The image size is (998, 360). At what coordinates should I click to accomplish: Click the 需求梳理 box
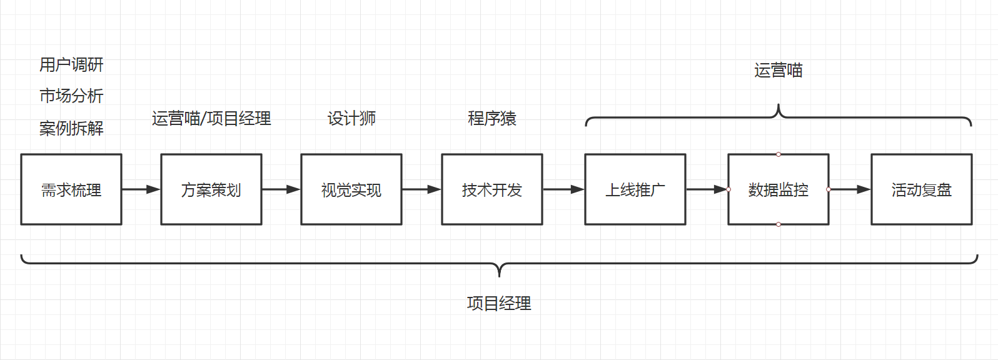(x=71, y=189)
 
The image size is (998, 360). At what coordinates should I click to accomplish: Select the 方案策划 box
(x=211, y=189)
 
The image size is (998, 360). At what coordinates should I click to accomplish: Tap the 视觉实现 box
(x=351, y=189)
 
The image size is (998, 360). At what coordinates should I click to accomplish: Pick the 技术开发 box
(x=492, y=189)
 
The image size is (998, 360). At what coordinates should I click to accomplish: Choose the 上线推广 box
(x=635, y=189)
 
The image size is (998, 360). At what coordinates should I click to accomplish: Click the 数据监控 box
(x=779, y=189)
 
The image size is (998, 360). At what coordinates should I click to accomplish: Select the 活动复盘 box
(x=922, y=189)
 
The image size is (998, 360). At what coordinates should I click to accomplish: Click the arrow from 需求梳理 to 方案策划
(x=141, y=189)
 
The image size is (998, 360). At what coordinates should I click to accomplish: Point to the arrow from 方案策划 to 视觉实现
(x=281, y=189)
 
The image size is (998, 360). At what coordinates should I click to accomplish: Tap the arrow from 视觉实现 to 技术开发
(x=421, y=189)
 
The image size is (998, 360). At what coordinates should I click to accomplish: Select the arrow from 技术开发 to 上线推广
(x=563, y=189)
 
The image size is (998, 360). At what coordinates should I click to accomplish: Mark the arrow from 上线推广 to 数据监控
(x=707, y=189)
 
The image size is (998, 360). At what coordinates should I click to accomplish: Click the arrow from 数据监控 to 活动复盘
(x=850, y=189)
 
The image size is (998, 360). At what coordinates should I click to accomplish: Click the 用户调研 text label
(x=71, y=64)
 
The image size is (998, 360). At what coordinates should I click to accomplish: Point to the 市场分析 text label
(x=71, y=96)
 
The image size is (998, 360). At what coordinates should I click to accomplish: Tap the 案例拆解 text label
(x=71, y=128)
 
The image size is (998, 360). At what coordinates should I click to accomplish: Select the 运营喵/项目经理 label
(x=211, y=118)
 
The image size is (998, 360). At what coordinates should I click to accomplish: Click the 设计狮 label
(x=351, y=118)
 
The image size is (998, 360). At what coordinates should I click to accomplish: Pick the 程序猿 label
(x=492, y=118)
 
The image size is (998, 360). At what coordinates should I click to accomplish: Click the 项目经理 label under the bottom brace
(x=499, y=303)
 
